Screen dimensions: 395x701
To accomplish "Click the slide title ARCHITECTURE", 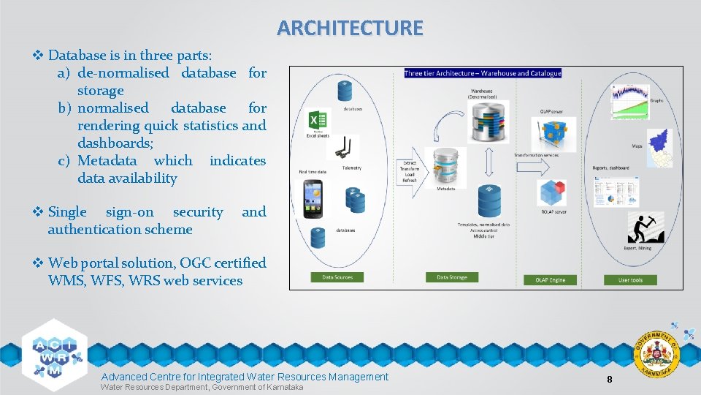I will point(350,28).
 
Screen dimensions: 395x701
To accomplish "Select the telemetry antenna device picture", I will point(342,148).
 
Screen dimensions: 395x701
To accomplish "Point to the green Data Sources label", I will point(337,277).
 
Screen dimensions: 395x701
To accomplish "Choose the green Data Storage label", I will point(452,277).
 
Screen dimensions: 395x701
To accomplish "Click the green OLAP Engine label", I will point(549,279).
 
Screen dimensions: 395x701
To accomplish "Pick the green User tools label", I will point(630,279).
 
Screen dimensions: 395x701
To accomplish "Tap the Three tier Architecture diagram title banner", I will point(483,73).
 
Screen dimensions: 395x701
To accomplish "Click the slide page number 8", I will point(609,379).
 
